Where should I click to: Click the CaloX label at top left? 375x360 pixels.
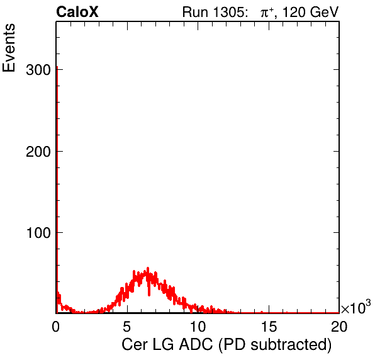(77, 12)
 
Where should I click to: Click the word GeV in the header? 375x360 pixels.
(325, 12)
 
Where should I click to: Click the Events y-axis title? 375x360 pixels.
(9, 48)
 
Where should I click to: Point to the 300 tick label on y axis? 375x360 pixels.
(38, 70)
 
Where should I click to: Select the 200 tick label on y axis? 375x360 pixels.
(38, 152)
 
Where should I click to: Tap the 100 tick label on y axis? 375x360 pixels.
(39, 233)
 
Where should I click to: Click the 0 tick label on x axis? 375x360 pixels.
(56, 326)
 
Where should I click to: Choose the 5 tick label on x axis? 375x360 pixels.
(127, 326)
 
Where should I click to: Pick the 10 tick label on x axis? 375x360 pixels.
(198, 326)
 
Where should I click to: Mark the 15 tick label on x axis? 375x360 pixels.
(269, 326)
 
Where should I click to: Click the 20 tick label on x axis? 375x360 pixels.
(339, 326)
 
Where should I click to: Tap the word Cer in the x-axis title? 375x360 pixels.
(135, 345)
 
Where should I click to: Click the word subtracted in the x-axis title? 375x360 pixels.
(289, 345)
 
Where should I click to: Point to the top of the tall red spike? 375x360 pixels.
(57, 67)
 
